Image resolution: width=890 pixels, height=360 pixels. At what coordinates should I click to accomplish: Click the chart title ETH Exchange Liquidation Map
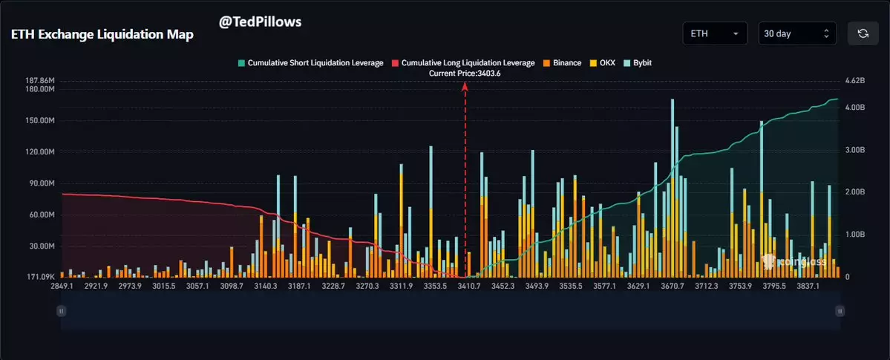point(101,35)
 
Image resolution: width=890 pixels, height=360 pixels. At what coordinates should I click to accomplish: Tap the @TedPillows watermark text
point(260,22)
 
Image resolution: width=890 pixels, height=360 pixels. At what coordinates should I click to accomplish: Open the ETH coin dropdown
point(714,33)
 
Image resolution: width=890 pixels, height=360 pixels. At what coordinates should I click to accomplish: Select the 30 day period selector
point(797,33)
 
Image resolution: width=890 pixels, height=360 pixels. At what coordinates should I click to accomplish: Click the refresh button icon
point(863,33)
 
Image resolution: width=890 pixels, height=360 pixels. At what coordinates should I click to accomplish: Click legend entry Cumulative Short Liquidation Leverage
point(310,63)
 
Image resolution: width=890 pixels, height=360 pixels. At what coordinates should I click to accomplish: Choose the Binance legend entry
point(563,63)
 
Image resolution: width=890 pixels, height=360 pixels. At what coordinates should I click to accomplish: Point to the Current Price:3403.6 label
point(465,73)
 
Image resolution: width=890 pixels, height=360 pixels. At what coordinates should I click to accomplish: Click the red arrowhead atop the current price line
point(465,86)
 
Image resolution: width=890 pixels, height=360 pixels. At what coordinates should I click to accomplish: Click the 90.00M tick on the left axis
point(42,183)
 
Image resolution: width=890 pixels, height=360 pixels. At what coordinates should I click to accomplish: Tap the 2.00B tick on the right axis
point(856,192)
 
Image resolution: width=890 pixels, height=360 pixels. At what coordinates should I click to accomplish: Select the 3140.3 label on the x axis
point(265,286)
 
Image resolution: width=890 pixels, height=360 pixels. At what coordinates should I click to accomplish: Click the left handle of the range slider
point(62,310)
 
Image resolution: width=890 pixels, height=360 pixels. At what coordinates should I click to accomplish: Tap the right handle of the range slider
point(839,310)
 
